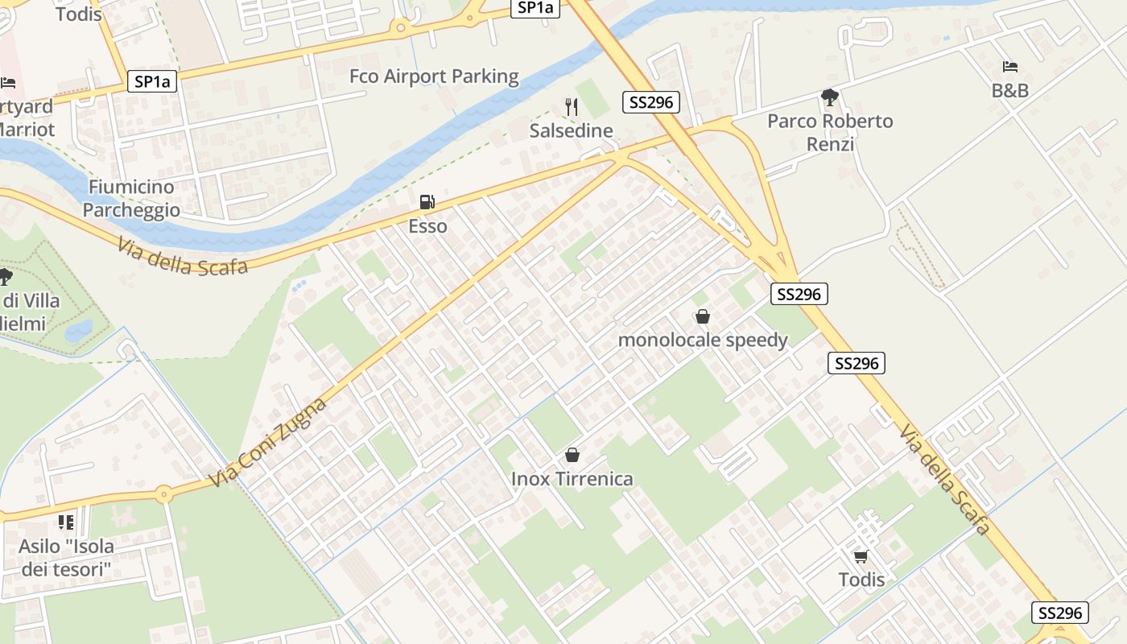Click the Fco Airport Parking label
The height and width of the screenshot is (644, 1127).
point(434,76)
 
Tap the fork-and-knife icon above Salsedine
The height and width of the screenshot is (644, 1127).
point(572,107)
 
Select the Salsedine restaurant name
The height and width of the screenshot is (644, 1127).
point(572,130)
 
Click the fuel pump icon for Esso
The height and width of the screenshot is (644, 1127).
point(427,203)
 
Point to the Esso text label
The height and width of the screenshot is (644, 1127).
point(427,226)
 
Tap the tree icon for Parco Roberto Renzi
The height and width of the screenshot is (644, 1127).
point(829,98)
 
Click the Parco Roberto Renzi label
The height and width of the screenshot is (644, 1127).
point(830,132)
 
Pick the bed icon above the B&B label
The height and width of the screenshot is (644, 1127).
point(1010,67)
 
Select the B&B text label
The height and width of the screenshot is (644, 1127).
point(1010,91)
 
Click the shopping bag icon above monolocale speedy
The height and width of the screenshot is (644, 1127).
point(703,317)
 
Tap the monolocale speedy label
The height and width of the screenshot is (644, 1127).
point(703,340)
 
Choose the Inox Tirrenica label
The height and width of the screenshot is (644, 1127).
point(572,479)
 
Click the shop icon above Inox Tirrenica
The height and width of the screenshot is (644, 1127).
point(572,456)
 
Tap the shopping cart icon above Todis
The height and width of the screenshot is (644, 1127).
point(861,556)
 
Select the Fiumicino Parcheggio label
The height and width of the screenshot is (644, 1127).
point(131,198)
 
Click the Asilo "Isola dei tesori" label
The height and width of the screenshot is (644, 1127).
point(66,558)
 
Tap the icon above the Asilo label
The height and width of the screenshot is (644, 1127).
point(66,522)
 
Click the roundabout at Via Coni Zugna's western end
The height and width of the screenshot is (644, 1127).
point(164,493)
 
